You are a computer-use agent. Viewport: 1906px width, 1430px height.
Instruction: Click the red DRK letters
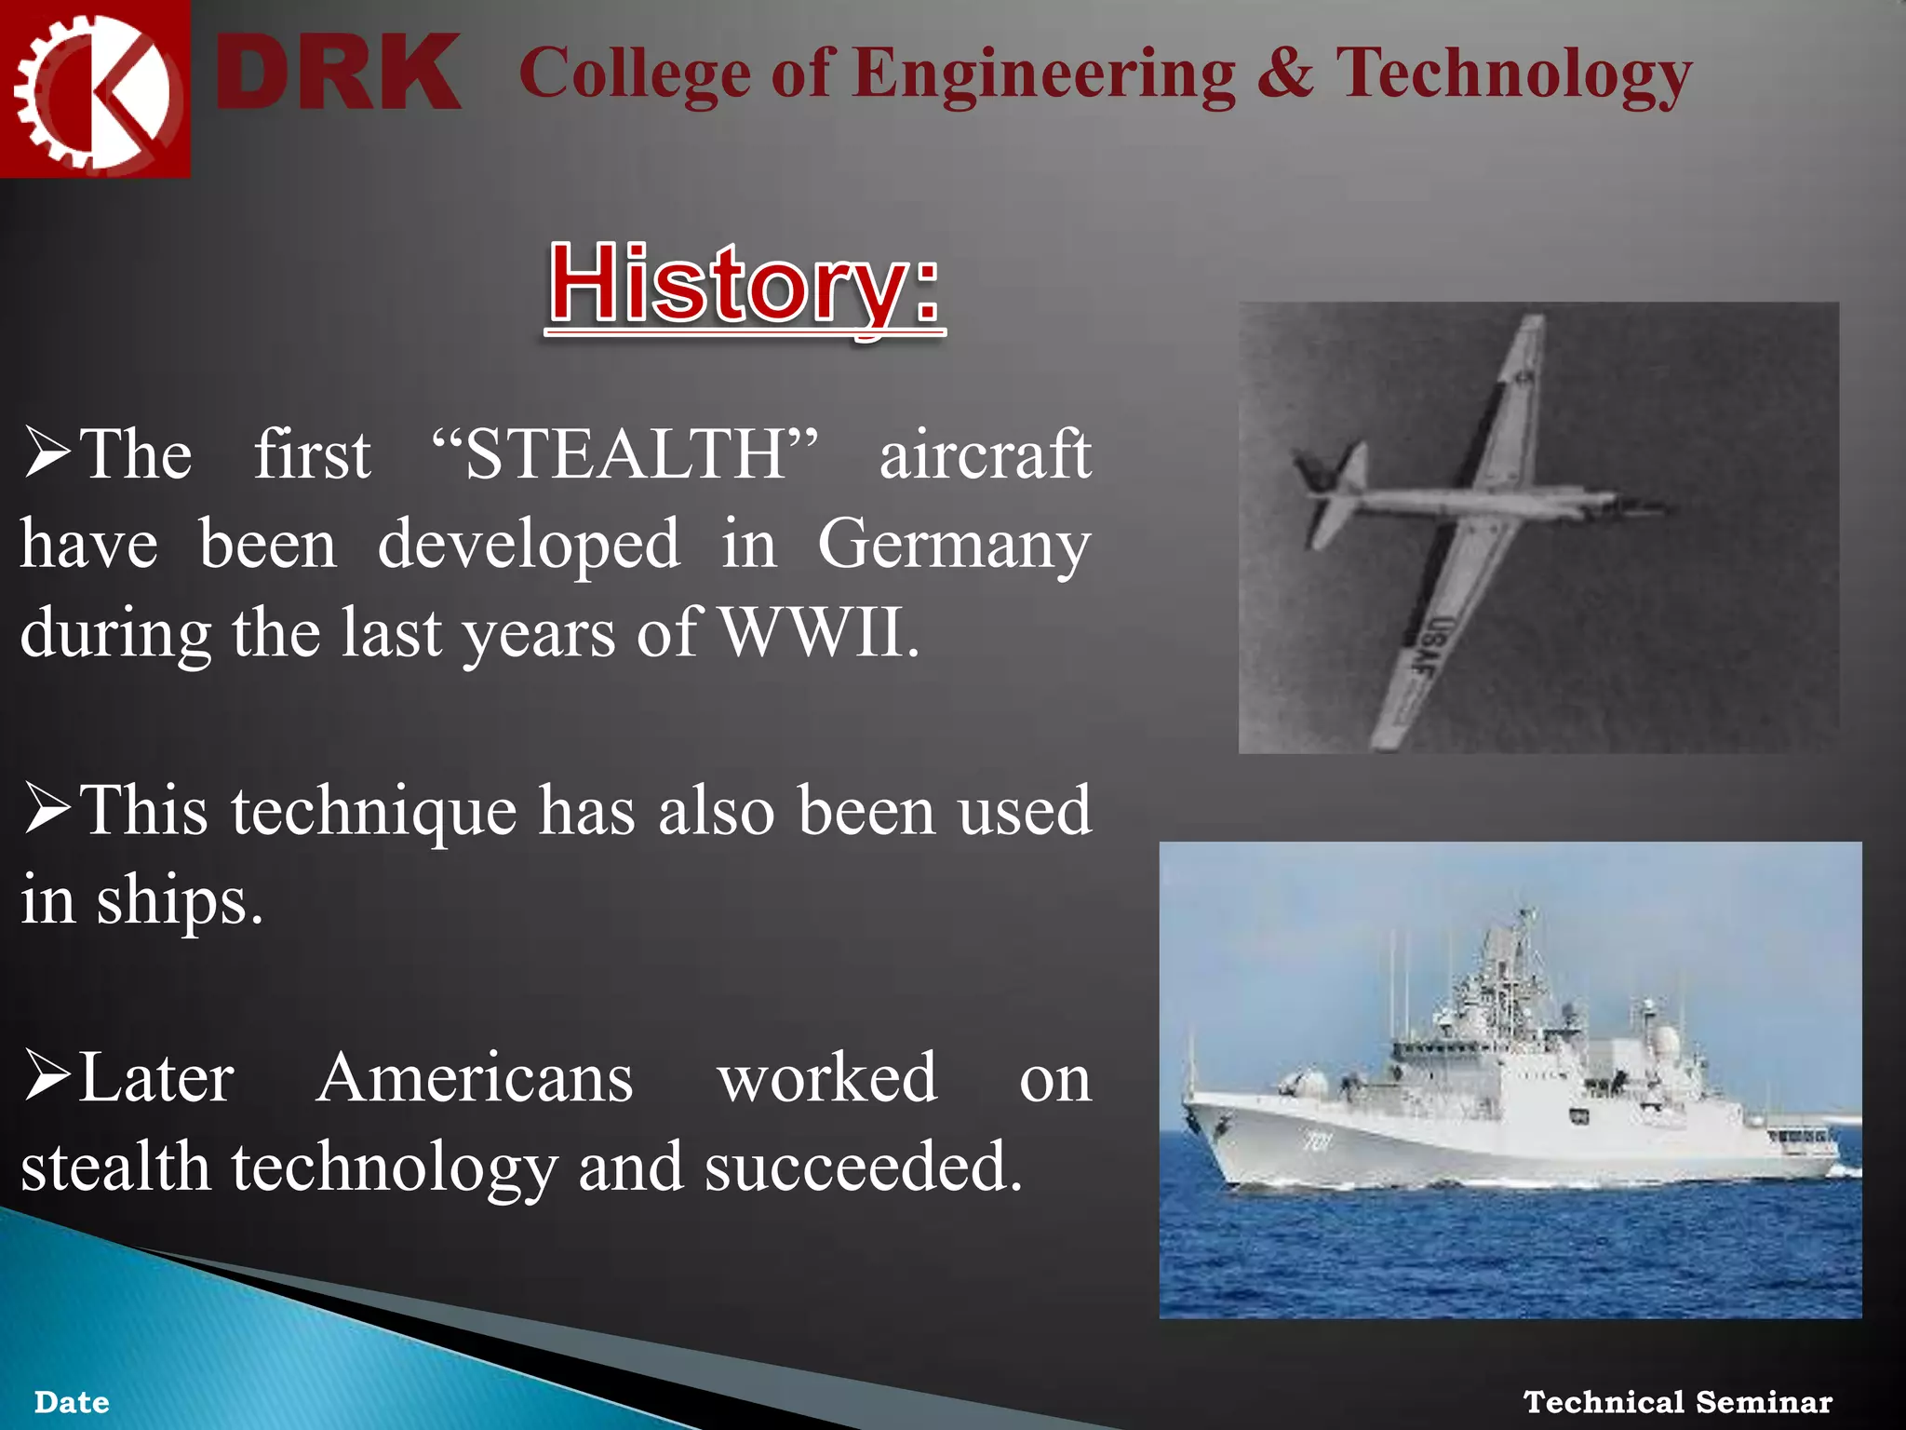point(337,73)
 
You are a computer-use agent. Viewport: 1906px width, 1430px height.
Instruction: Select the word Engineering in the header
point(1042,74)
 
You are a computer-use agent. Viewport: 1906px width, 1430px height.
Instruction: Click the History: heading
point(745,284)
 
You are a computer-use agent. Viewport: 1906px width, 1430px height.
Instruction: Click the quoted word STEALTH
point(625,454)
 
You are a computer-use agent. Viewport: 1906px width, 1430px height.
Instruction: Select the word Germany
point(953,545)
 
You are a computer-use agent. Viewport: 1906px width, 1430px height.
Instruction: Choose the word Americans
point(475,1078)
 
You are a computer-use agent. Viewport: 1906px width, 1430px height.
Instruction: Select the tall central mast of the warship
point(1523,968)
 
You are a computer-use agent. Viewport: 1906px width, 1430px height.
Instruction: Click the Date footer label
point(72,1402)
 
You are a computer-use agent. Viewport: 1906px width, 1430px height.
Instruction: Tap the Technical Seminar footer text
point(1677,1401)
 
